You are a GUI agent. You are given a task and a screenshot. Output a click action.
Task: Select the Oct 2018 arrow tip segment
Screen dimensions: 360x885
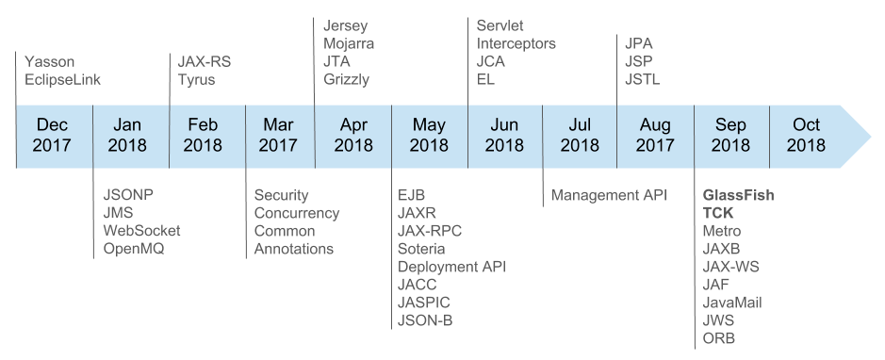tap(809, 135)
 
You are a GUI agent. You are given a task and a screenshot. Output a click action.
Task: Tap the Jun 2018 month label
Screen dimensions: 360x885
tap(504, 135)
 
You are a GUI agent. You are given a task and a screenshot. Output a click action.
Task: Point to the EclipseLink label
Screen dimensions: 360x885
tap(63, 80)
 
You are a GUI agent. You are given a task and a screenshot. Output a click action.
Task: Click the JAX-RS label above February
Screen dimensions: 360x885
tap(205, 62)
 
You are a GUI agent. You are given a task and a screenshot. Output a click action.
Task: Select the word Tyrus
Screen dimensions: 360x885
tap(197, 80)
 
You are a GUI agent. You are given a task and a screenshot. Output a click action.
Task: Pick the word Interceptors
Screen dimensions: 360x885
tap(516, 43)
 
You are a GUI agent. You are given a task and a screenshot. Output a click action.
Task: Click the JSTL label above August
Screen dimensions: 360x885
tap(643, 80)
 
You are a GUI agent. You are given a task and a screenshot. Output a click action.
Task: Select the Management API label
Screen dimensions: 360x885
tap(609, 195)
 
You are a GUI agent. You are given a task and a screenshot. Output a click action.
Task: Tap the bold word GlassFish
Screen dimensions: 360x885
tap(739, 195)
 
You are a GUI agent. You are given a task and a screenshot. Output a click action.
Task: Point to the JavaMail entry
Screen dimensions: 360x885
tap(732, 303)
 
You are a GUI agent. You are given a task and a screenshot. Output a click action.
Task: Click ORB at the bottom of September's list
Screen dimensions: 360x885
tap(719, 338)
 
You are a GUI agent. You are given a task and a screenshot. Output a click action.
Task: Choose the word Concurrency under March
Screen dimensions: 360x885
tap(297, 213)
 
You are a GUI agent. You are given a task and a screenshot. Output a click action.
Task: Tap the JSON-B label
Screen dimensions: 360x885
tap(426, 320)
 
